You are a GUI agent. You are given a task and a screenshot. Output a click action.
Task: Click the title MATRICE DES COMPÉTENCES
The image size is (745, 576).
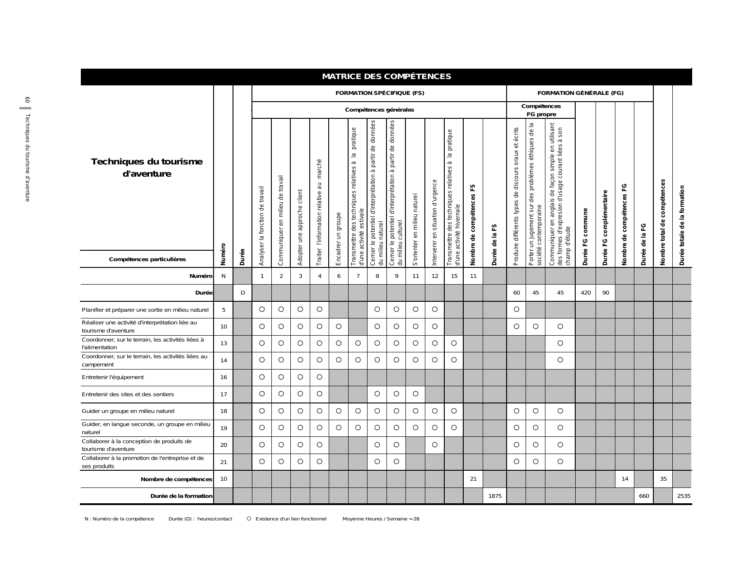point(386,77)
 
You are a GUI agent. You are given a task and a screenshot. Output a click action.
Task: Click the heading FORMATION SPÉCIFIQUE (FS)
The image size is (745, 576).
point(379,94)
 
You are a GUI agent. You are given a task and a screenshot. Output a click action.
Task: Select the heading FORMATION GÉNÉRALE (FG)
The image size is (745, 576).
point(580,94)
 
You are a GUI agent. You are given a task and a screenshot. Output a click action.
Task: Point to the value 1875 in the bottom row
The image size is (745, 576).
point(495,496)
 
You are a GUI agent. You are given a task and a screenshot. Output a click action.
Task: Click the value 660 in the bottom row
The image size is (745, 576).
point(644,496)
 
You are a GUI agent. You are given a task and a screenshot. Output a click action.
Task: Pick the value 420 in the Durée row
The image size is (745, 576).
point(585,293)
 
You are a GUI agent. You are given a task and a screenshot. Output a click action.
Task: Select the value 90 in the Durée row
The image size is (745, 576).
point(605,293)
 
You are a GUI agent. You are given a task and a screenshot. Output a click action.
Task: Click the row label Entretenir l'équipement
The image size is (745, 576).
point(113,378)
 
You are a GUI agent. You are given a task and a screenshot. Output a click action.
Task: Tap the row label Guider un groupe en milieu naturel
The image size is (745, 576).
point(128,412)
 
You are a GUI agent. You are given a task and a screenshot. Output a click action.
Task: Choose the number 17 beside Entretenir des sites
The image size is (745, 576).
point(223,394)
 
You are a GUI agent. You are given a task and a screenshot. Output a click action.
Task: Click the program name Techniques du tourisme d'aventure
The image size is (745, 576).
point(147,168)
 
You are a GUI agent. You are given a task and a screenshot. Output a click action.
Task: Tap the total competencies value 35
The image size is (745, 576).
point(663,479)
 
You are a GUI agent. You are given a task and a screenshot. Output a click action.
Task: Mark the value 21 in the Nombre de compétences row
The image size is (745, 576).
point(473,479)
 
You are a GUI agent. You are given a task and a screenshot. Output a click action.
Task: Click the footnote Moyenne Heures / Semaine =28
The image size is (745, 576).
point(381,519)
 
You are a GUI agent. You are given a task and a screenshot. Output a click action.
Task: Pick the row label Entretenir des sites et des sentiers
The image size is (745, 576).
point(128,394)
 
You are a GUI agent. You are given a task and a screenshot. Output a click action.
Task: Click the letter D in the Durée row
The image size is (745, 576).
point(242,293)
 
